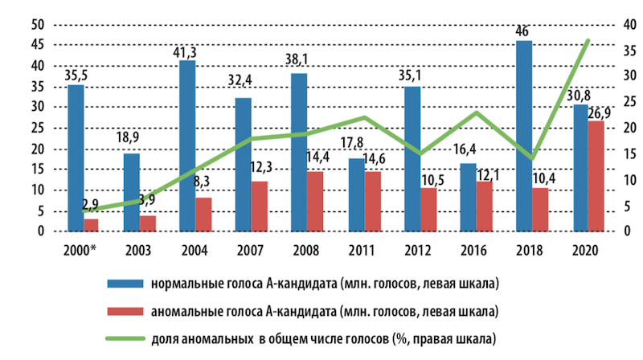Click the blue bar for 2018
[x=523, y=136]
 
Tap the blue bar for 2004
[x=186, y=145]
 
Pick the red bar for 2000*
[x=92, y=225]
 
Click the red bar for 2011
[x=372, y=201]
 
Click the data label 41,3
[x=186, y=51]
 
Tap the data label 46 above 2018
[x=523, y=32]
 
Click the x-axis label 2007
[x=244, y=249]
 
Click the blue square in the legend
[x=121, y=284]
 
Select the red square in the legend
[x=121, y=311]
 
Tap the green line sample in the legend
[x=121, y=338]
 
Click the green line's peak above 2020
[x=588, y=40]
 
